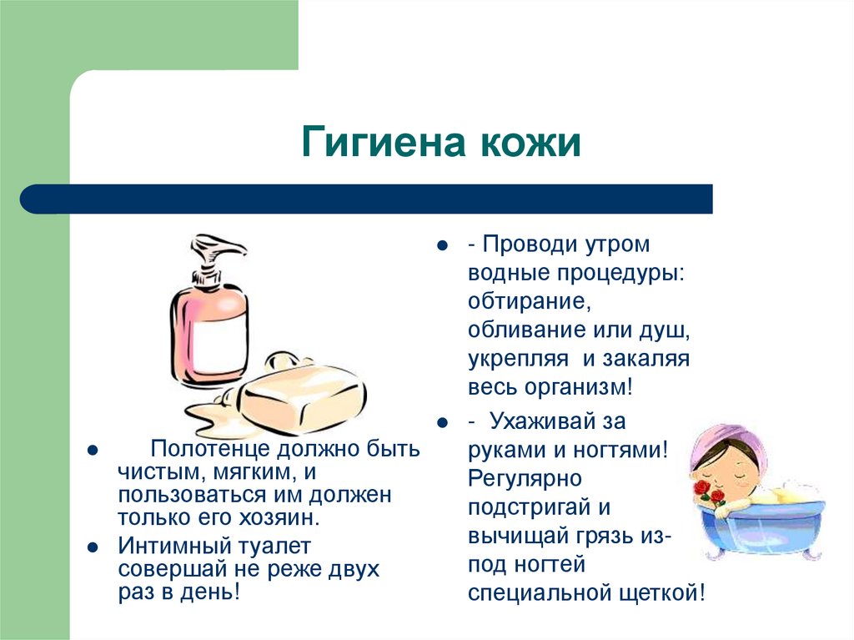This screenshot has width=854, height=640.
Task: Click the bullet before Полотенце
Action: point(93,451)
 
